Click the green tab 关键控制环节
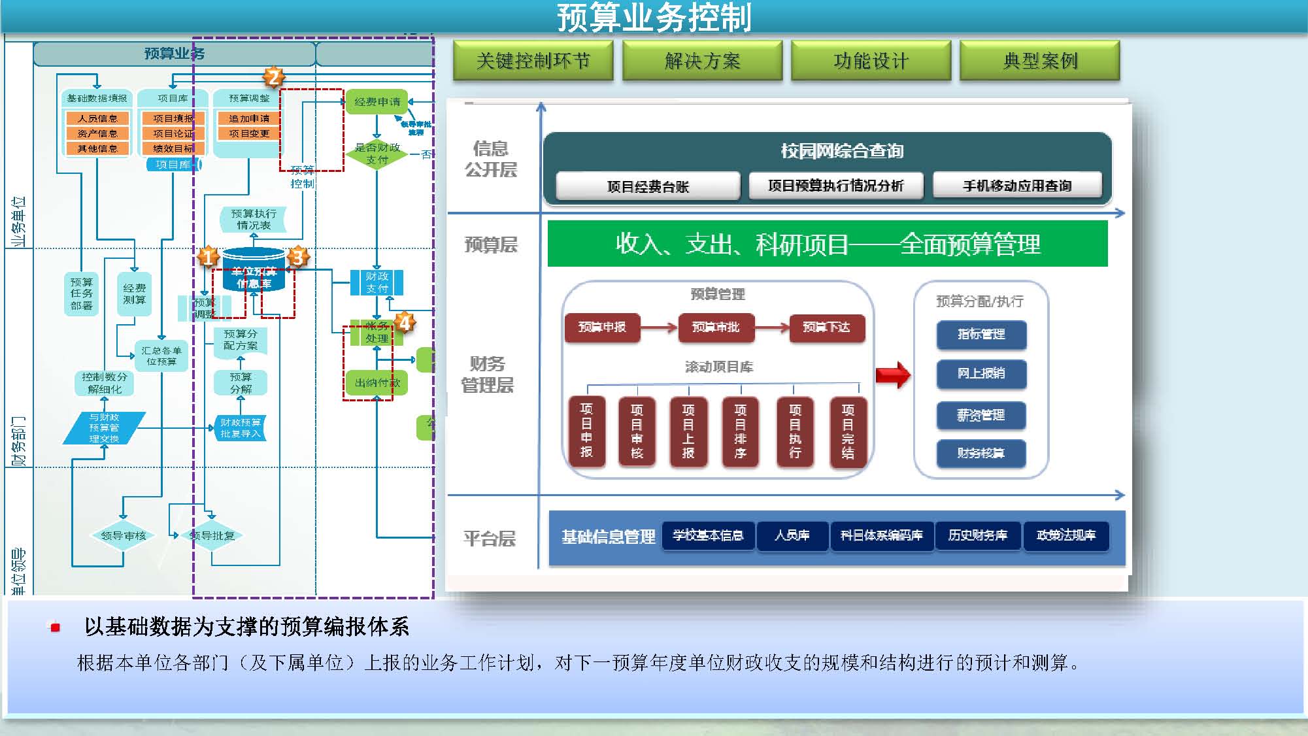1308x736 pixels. tap(533, 61)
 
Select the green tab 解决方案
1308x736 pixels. tap(702, 61)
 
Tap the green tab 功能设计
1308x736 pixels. tap(871, 61)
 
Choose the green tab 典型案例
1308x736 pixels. tap(1039, 61)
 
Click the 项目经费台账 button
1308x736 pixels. tap(647, 186)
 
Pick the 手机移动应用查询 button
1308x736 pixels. tap(1016, 186)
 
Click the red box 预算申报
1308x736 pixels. tap(601, 327)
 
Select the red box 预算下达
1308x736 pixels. tap(826, 327)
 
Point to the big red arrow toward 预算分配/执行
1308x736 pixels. tap(893, 375)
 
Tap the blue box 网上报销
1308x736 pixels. tap(981, 373)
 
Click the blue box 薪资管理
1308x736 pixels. tap(981, 415)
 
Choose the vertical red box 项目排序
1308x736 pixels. tap(740, 431)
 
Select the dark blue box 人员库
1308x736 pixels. tap(792, 535)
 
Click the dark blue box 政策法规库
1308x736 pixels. tap(1065, 535)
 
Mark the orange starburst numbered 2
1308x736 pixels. tap(274, 77)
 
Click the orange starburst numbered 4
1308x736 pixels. tap(405, 322)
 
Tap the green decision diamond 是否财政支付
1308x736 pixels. tap(377, 154)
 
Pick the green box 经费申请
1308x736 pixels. tap(377, 102)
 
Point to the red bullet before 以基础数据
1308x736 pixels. tap(56, 627)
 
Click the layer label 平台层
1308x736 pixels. tap(489, 538)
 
